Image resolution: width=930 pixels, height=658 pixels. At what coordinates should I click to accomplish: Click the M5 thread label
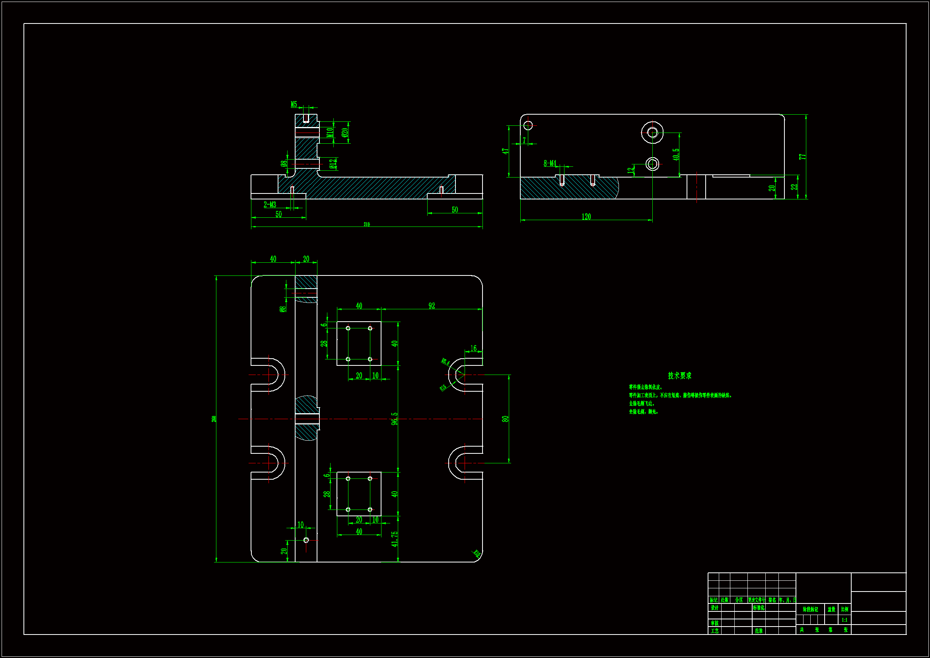coord(294,105)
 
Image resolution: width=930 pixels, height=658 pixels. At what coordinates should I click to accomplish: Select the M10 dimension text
coord(330,132)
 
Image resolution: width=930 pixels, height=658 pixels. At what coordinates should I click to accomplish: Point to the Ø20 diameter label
coord(345,133)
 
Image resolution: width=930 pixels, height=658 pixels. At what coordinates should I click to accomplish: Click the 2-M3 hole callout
coord(270,205)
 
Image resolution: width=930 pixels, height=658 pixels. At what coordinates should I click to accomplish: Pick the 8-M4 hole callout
coord(550,163)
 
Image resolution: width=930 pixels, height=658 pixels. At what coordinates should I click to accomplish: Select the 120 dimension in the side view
coord(586,217)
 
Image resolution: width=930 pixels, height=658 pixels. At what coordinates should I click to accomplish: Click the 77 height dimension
coord(802,156)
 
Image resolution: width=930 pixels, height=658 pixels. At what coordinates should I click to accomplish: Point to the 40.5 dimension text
coord(676,154)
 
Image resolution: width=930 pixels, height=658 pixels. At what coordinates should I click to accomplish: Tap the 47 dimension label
coord(505,151)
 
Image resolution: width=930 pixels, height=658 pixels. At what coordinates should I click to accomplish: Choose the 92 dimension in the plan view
coord(432,306)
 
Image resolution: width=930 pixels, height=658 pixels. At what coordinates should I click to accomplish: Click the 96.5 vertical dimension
coord(395,418)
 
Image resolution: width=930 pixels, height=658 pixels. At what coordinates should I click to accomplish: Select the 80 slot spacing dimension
coord(505,419)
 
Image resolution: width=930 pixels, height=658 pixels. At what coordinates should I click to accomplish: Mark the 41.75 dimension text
coord(395,539)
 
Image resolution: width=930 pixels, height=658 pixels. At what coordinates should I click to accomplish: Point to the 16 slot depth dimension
coord(473,348)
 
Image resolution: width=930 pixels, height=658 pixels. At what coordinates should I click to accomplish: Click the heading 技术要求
coord(680,376)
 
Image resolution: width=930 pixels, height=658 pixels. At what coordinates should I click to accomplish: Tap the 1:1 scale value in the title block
coord(844,620)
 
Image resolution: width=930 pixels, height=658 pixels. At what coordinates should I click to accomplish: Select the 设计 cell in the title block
coord(714,608)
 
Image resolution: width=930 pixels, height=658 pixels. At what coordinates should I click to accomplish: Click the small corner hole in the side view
coord(528,125)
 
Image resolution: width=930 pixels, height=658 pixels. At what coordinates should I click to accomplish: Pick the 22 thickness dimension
coord(794,187)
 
